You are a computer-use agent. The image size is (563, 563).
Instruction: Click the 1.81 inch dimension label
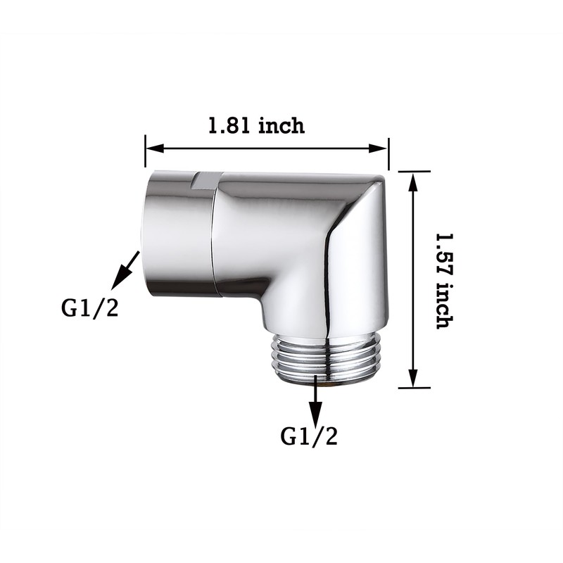(x=256, y=126)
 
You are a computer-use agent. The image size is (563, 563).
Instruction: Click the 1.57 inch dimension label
(x=445, y=281)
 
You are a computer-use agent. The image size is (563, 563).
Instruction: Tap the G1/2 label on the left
(x=89, y=308)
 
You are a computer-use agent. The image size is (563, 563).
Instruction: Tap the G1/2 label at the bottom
(x=309, y=436)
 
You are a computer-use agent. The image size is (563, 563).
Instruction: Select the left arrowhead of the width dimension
(x=155, y=148)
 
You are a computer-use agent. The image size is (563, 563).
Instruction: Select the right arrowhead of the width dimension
(x=378, y=148)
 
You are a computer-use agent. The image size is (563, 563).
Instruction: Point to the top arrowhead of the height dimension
(x=414, y=182)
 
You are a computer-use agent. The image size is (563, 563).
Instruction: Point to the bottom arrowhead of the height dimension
(x=414, y=378)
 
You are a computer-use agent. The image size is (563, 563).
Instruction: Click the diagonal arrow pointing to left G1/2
(x=125, y=270)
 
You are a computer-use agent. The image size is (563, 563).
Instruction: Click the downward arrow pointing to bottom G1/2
(x=316, y=401)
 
